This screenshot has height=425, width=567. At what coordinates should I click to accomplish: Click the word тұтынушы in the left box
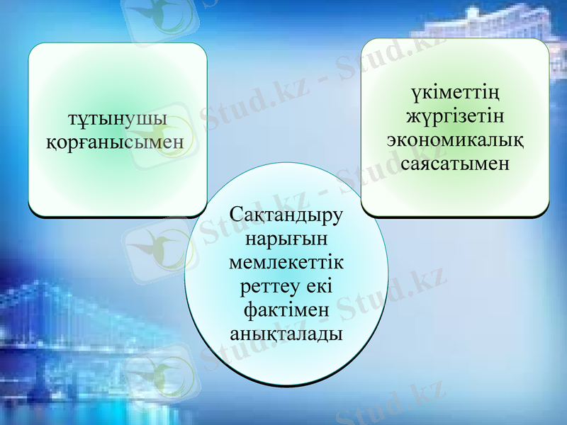(117, 118)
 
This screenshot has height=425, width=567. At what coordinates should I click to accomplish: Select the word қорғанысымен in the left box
(117, 142)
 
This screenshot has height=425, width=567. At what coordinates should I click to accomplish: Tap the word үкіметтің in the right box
(456, 93)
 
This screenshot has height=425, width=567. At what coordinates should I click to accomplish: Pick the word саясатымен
(456, 163)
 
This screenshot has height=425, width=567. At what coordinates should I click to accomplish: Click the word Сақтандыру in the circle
(286, 214)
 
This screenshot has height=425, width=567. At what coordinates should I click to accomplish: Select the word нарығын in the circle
(286, 237)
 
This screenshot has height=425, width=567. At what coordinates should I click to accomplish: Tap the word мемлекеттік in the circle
(286, 261)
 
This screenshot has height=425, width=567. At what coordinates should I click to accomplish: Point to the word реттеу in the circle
(269, 285)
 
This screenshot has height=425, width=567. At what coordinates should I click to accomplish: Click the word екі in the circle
(320, 285)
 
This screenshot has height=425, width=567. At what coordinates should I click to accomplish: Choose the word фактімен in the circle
(286, 310)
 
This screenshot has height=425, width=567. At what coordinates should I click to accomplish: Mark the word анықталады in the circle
(286, 333)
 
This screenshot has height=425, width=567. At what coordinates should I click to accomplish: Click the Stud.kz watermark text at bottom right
(390, 404)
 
